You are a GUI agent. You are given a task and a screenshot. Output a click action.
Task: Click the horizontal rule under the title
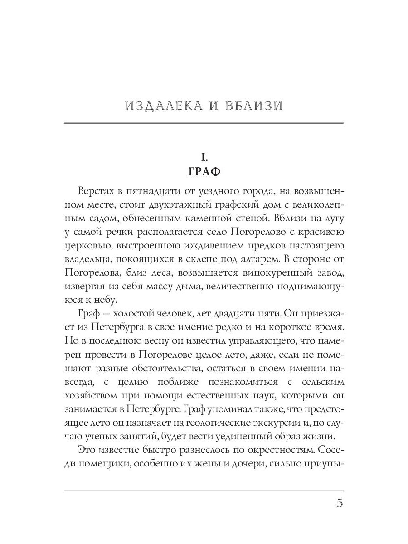point(204,123)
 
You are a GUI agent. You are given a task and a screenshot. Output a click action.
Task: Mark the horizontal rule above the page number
point(204,491)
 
